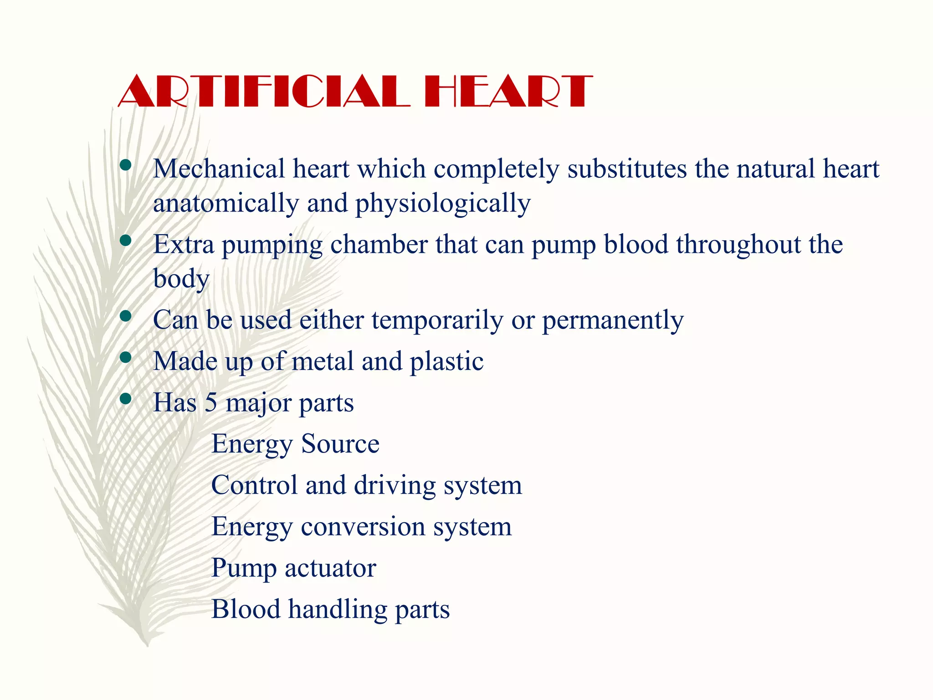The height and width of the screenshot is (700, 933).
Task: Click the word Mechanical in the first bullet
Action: pos(219,169)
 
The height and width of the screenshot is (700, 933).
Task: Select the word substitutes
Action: pos(627,169)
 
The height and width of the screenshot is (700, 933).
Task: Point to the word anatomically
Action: pos(226,203)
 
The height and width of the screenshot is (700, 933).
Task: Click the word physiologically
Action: pos(443,203)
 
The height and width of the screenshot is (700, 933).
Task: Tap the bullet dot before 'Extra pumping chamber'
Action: pos(125,240)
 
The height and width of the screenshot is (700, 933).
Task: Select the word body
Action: pos(181,279)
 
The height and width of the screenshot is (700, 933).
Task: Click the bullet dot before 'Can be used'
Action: pos(125,316)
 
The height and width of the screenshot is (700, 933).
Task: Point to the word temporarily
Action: pos(437,320)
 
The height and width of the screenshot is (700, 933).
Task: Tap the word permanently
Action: pos(613,320)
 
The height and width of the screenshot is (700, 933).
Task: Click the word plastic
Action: pos(446,361)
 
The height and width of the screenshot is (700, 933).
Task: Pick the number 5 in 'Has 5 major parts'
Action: pos(210,403)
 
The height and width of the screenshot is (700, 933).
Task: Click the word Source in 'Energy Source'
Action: pos(340,444)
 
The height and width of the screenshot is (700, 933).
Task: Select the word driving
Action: pos(395,485)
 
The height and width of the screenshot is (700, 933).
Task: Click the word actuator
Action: pos(330,568)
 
